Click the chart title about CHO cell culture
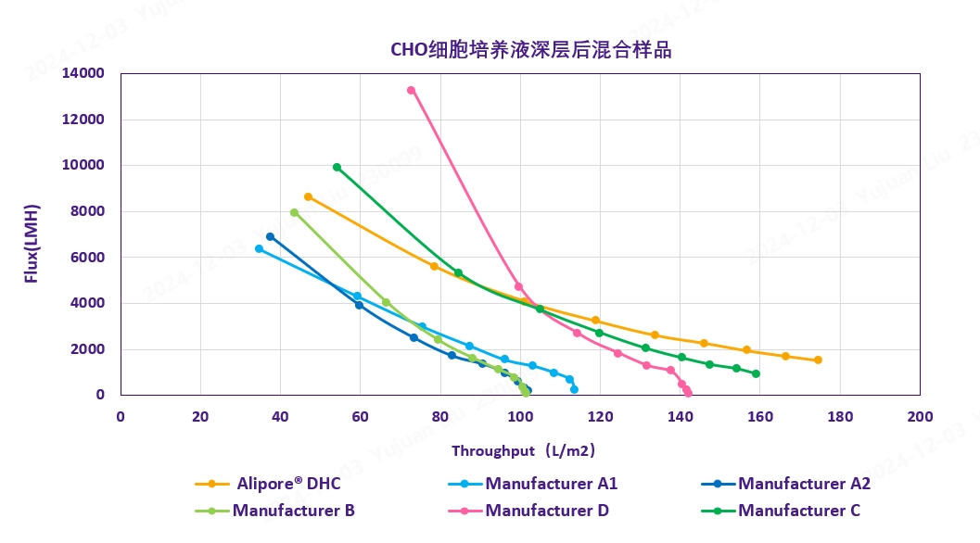click(530, 50)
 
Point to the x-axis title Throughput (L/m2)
click(523, 451)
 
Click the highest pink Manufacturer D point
click(411, 90)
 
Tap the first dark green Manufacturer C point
click(337, 167)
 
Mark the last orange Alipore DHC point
click(818, 360)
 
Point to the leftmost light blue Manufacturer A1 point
click(259, 248)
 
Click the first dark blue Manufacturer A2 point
click(270, 236)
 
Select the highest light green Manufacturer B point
click(294, 212)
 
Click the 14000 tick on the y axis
click(90, 73)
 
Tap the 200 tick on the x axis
click(920, 416)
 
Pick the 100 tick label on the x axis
click(520, 416)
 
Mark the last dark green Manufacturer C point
click(756, 373)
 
